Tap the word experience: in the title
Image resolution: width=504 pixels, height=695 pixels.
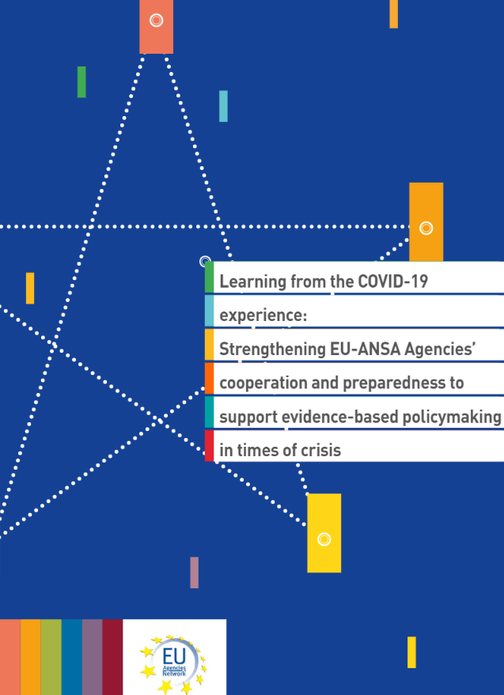click(x=263, y=315)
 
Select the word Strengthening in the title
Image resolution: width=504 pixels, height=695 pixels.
click(x=272, y=349)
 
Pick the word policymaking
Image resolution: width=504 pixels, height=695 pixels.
click(x=451, y=417)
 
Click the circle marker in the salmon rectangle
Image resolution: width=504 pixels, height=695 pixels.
click(x=156, y=21)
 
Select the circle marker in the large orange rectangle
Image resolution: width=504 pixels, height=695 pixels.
click(x=426, y=228)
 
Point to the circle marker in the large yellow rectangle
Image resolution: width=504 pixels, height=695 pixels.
click(x=324, y=539)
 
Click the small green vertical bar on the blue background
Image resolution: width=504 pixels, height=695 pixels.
click(x=81, y=82)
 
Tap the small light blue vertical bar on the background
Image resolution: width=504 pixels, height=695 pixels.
click(x=223, y=106)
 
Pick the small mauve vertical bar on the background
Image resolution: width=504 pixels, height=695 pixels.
click(x=195, y=572)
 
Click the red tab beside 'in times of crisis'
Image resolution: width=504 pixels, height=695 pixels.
click(x=209, y=446)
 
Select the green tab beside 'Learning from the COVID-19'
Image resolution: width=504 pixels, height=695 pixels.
click(x=209, y=278)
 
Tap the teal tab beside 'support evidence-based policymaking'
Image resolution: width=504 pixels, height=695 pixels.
click(x=209, y=412)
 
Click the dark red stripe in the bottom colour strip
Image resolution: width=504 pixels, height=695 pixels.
click(x=112, y=657)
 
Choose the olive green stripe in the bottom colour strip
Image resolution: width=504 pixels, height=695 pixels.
click(x=51, y=657)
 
